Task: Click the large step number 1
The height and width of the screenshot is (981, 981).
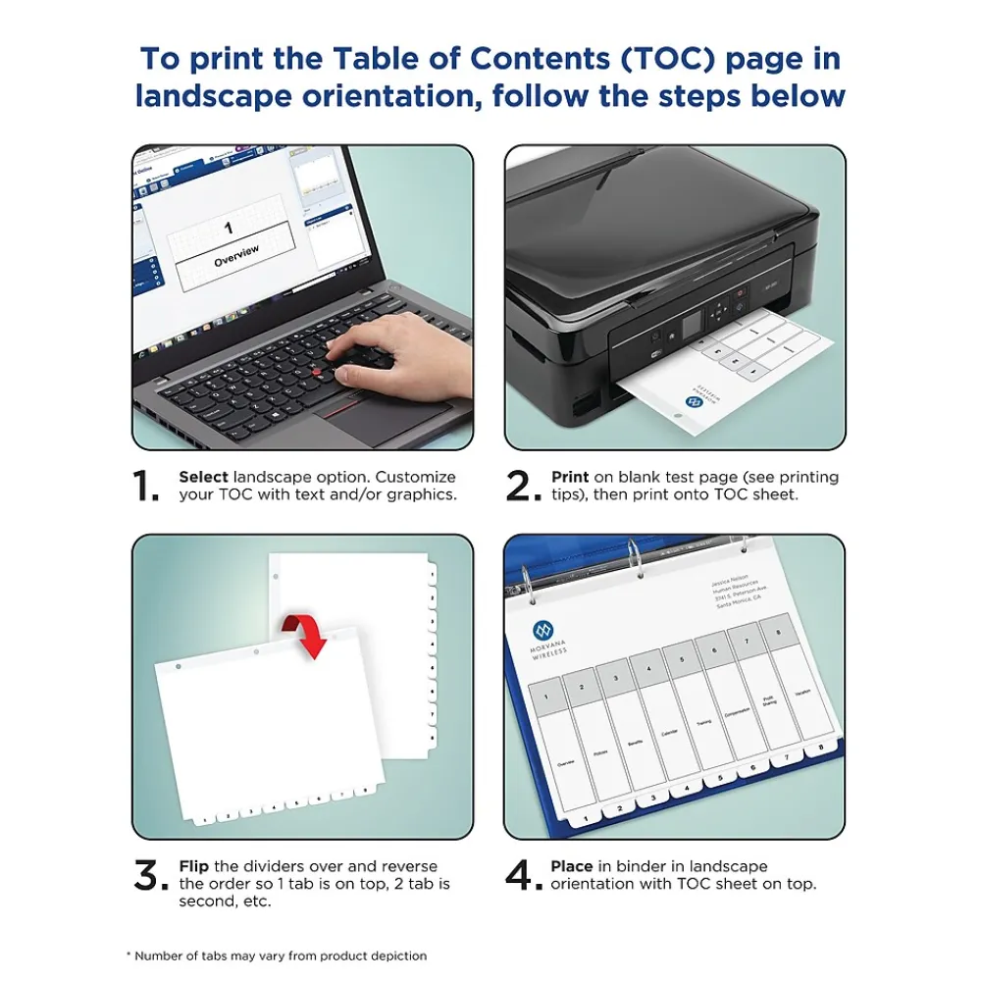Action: pos(145,486)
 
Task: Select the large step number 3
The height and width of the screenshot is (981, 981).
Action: pos(150,876)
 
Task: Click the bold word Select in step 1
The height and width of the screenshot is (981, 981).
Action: pos(203,477)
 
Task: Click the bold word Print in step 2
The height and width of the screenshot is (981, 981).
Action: pos(570,477)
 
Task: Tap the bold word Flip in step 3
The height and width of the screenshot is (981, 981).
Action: pos(194,866)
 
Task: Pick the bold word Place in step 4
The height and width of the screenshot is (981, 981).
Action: pos(572,866)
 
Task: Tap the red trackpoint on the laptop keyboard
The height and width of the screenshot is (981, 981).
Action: pos(317,375)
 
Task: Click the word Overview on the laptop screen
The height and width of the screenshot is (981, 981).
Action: pos(236,254)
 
